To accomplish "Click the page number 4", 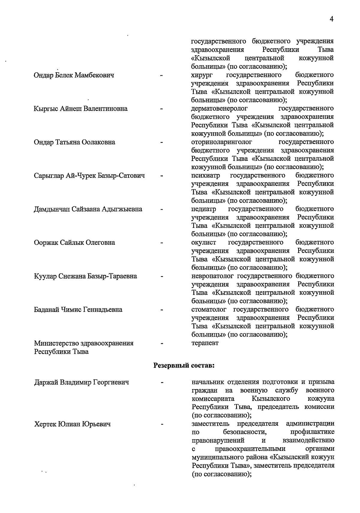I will pos(331,19).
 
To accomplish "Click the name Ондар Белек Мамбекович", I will pos(74,75).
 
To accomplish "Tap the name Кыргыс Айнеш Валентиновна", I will pos(81,109).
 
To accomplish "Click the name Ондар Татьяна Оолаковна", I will pos(74,142).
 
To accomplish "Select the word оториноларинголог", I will pos(222,142).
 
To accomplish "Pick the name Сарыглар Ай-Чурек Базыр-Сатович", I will pos(89,176).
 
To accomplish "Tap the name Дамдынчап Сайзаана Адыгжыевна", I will pos(88,209).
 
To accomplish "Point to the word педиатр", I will pos(204,209).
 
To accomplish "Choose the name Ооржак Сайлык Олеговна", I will pos(74,242).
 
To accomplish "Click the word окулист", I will pos(204,242).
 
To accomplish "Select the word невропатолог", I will pos(213,276).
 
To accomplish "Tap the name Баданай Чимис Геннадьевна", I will pos(78,310).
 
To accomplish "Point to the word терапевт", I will pos(205,343).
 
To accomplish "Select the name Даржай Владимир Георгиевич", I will pos(82,382).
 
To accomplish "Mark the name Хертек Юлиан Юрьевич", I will pos(72,424).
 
